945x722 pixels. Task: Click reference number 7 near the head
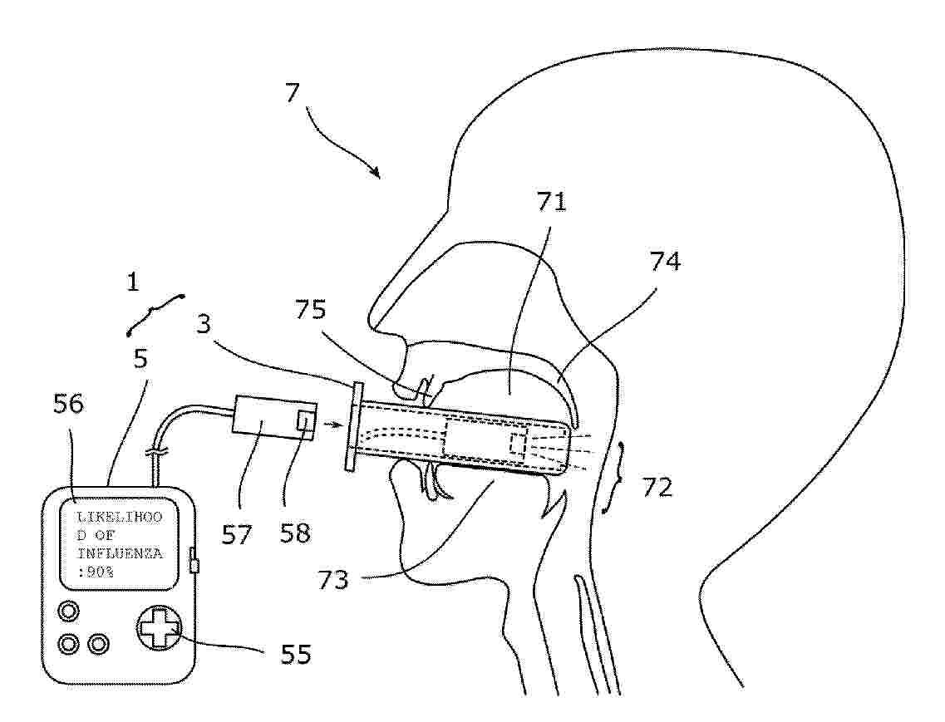coord(293,93)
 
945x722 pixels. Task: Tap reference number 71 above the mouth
coord(551,201)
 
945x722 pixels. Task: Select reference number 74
coord(665,262)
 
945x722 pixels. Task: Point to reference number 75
coord(310,309)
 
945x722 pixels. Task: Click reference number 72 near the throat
coord(657,487)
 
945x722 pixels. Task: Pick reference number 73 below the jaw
coord(333,580)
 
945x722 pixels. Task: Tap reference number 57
coord(236,534)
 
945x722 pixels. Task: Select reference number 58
coord(295,533)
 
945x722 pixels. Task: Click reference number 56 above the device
coord(68,404)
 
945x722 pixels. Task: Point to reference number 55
coord(296,654)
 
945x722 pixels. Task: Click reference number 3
coord(204,324)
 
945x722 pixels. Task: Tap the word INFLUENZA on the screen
coord(120,553)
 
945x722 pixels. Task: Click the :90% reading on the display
coord(96,572)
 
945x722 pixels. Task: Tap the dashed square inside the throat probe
coord(518,444)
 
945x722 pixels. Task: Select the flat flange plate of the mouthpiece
coord(354,426)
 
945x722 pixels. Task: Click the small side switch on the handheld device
coord(194,560)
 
